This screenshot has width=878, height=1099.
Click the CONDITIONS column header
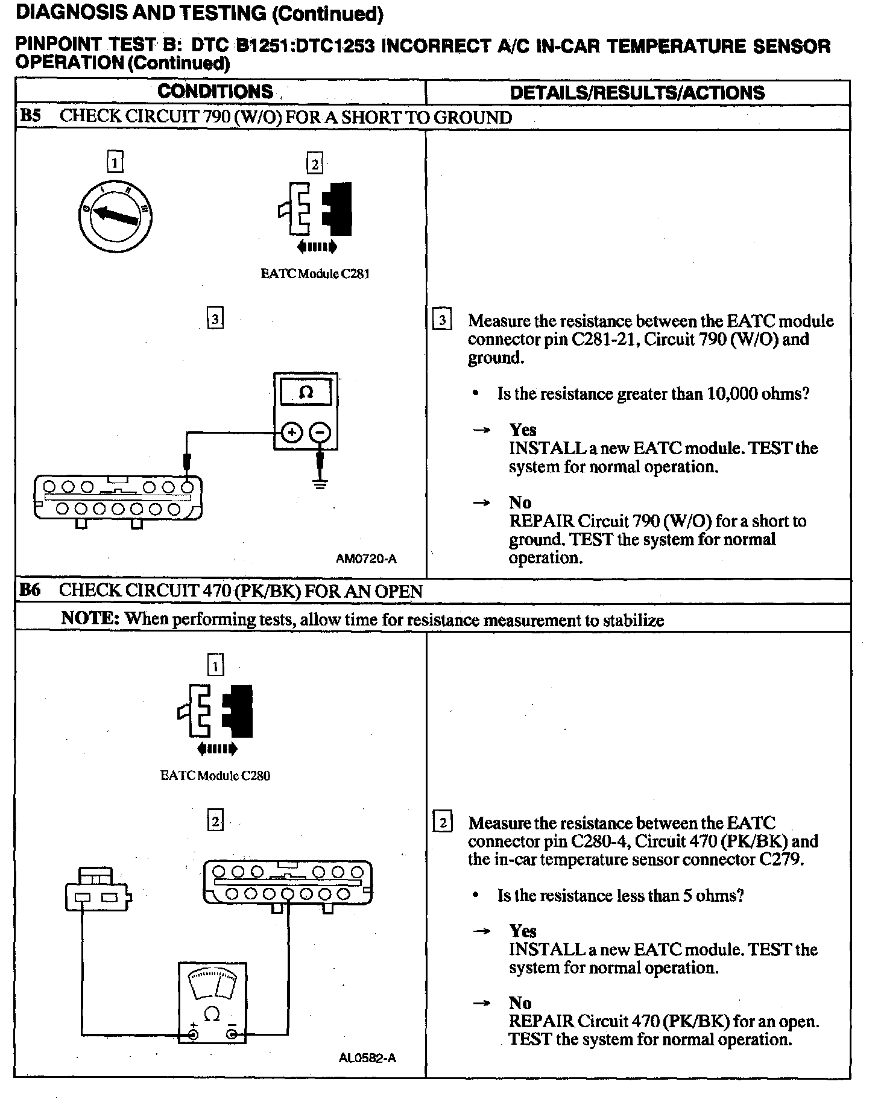tap(215, 92)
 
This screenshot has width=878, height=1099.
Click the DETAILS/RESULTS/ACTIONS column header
tap(637, 92)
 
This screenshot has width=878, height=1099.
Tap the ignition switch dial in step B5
tap(115, 215)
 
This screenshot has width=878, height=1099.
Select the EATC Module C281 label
tap(315, 274)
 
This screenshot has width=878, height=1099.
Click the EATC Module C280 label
tap(215, 776)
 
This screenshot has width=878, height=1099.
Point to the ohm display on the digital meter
tap(306, 393)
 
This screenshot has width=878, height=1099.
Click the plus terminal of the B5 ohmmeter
tap(292, 432)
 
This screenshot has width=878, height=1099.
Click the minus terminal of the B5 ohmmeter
tap(320, 432)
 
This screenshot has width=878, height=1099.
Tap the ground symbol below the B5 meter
tap(320, 483)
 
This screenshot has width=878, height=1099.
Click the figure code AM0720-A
tap(366, 559)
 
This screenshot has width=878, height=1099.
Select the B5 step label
tap(30, 116)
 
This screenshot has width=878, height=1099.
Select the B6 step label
tap(30, 590)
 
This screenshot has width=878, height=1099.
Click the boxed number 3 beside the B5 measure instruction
tap(442, 320)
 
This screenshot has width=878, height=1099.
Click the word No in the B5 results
tap(520, 503)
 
